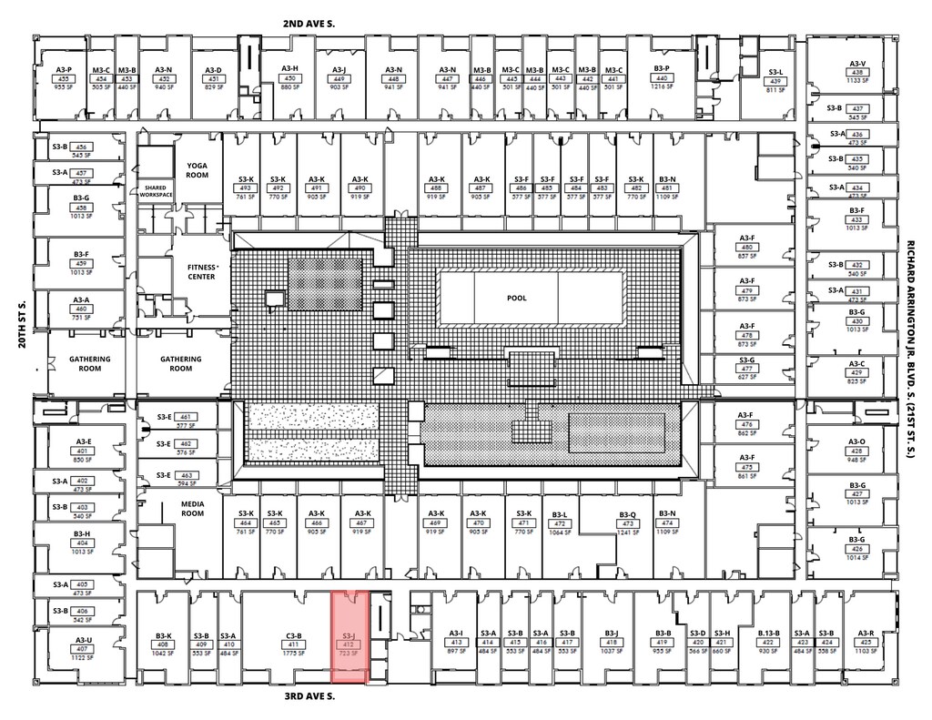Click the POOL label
coord(517,298)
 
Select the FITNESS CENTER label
coord(201,271)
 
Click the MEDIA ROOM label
coord(192,508)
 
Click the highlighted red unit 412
coord(349,637)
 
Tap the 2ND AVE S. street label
coord(309,24)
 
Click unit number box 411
coord(293,644)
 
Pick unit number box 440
coord(662,79)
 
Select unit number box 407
coord(83,649)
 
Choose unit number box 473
coord(627,524)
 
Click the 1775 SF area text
coord(293,653)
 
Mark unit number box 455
coord(64,79)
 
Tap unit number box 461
coord(185,416)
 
